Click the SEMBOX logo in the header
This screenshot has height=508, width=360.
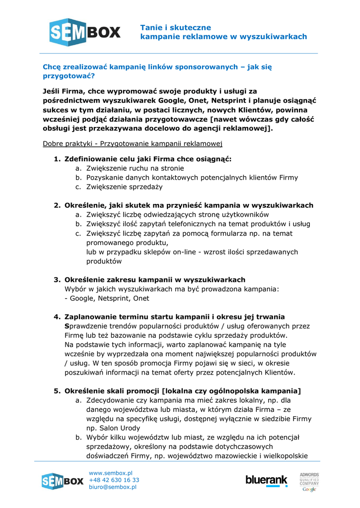coord(85,32)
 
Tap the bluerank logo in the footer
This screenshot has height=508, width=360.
coord(266,480)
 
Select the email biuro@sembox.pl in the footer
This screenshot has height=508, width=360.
coord(113,487)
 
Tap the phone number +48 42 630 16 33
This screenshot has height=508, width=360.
coord(114,480)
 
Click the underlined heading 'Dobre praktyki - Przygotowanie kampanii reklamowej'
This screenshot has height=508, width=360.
coord(133,144)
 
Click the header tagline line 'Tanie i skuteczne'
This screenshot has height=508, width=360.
coord(175,28)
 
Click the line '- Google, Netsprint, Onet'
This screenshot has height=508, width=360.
coord(107,299)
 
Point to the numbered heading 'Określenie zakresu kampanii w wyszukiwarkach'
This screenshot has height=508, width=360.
coord(155,280)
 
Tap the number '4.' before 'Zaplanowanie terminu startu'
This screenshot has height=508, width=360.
coord(57,317)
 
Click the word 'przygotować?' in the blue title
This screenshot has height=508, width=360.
coord(69,76)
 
